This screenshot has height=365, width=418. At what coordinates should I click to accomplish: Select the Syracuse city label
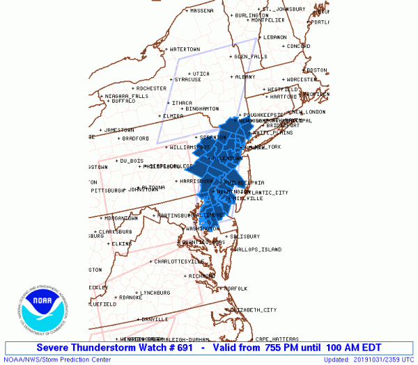tap(188, 79)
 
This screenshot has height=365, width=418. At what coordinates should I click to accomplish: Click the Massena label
tap(202, 10)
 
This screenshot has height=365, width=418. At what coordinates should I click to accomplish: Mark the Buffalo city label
tap(123, 101)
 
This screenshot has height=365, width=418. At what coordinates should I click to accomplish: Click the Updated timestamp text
tap(369, 359)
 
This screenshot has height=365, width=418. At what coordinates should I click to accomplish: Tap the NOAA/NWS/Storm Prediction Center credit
tap(56, 359)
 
